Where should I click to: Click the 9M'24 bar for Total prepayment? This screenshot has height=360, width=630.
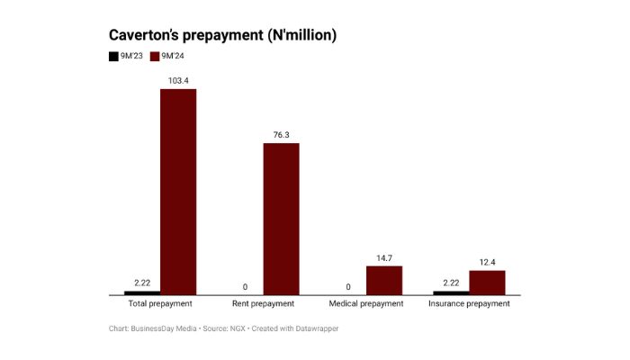click(178, 192)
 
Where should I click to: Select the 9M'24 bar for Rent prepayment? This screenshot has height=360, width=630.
click(281, 219)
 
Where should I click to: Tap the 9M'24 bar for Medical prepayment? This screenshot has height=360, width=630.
click(384, 281)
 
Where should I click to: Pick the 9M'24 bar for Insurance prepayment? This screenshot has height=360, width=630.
click(488, 283)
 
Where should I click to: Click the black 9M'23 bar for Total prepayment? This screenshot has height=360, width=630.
click(142, 292)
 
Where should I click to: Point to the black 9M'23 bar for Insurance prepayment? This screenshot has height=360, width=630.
click(451, 292)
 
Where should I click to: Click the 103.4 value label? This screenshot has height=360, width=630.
click(178, 81)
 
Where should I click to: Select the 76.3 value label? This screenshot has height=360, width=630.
click(281, 135)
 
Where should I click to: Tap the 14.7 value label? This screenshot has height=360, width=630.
click(384, 258)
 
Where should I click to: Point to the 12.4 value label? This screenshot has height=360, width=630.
click(488, 263)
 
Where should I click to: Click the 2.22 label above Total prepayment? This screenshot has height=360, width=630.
click(142, 283)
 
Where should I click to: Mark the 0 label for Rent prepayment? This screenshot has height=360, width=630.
click(245, 287)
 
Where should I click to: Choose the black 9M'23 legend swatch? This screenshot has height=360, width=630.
click(113, 56)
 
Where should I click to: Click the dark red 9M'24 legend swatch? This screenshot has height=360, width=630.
click(155, 56)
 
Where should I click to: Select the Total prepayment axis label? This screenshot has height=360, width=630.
click(160, 304)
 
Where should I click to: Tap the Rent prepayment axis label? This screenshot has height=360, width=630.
click(263, 304)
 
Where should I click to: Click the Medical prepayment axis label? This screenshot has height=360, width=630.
click(366, 304)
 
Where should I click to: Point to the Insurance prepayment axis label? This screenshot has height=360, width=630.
click(469, 304)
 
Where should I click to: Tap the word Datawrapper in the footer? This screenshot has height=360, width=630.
click(317, 328)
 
